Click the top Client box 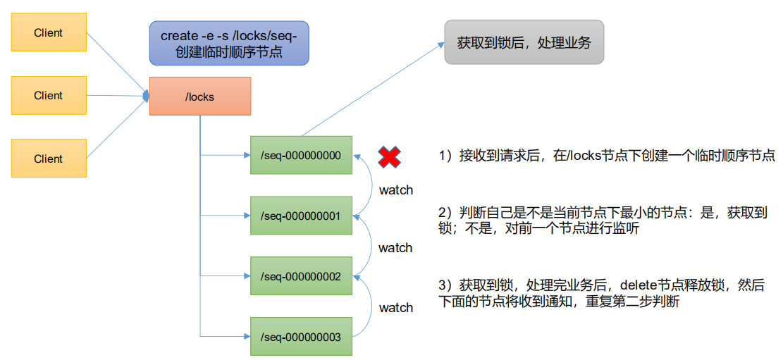tap(49, 32)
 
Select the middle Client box tap(49, 95)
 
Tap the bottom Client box tap(49, 159)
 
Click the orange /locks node tap(200, 97)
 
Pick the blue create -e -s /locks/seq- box tap(229, 43)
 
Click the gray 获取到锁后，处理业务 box tap(524, 42)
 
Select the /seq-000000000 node tap(301, 154)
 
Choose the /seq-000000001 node tap(301, 216)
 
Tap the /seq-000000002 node tap(301, 276)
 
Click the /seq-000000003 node tap(301, 337)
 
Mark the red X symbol tap(388, 157)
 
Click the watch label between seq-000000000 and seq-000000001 tap(396, 190)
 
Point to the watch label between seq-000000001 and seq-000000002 tap(395, 248)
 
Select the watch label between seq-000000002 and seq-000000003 tap(396, 307)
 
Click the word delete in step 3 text tap(638, 285)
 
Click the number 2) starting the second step tap(444, 212)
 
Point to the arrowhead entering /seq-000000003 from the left tap(247, 337)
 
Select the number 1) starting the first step tap(444, 156)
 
